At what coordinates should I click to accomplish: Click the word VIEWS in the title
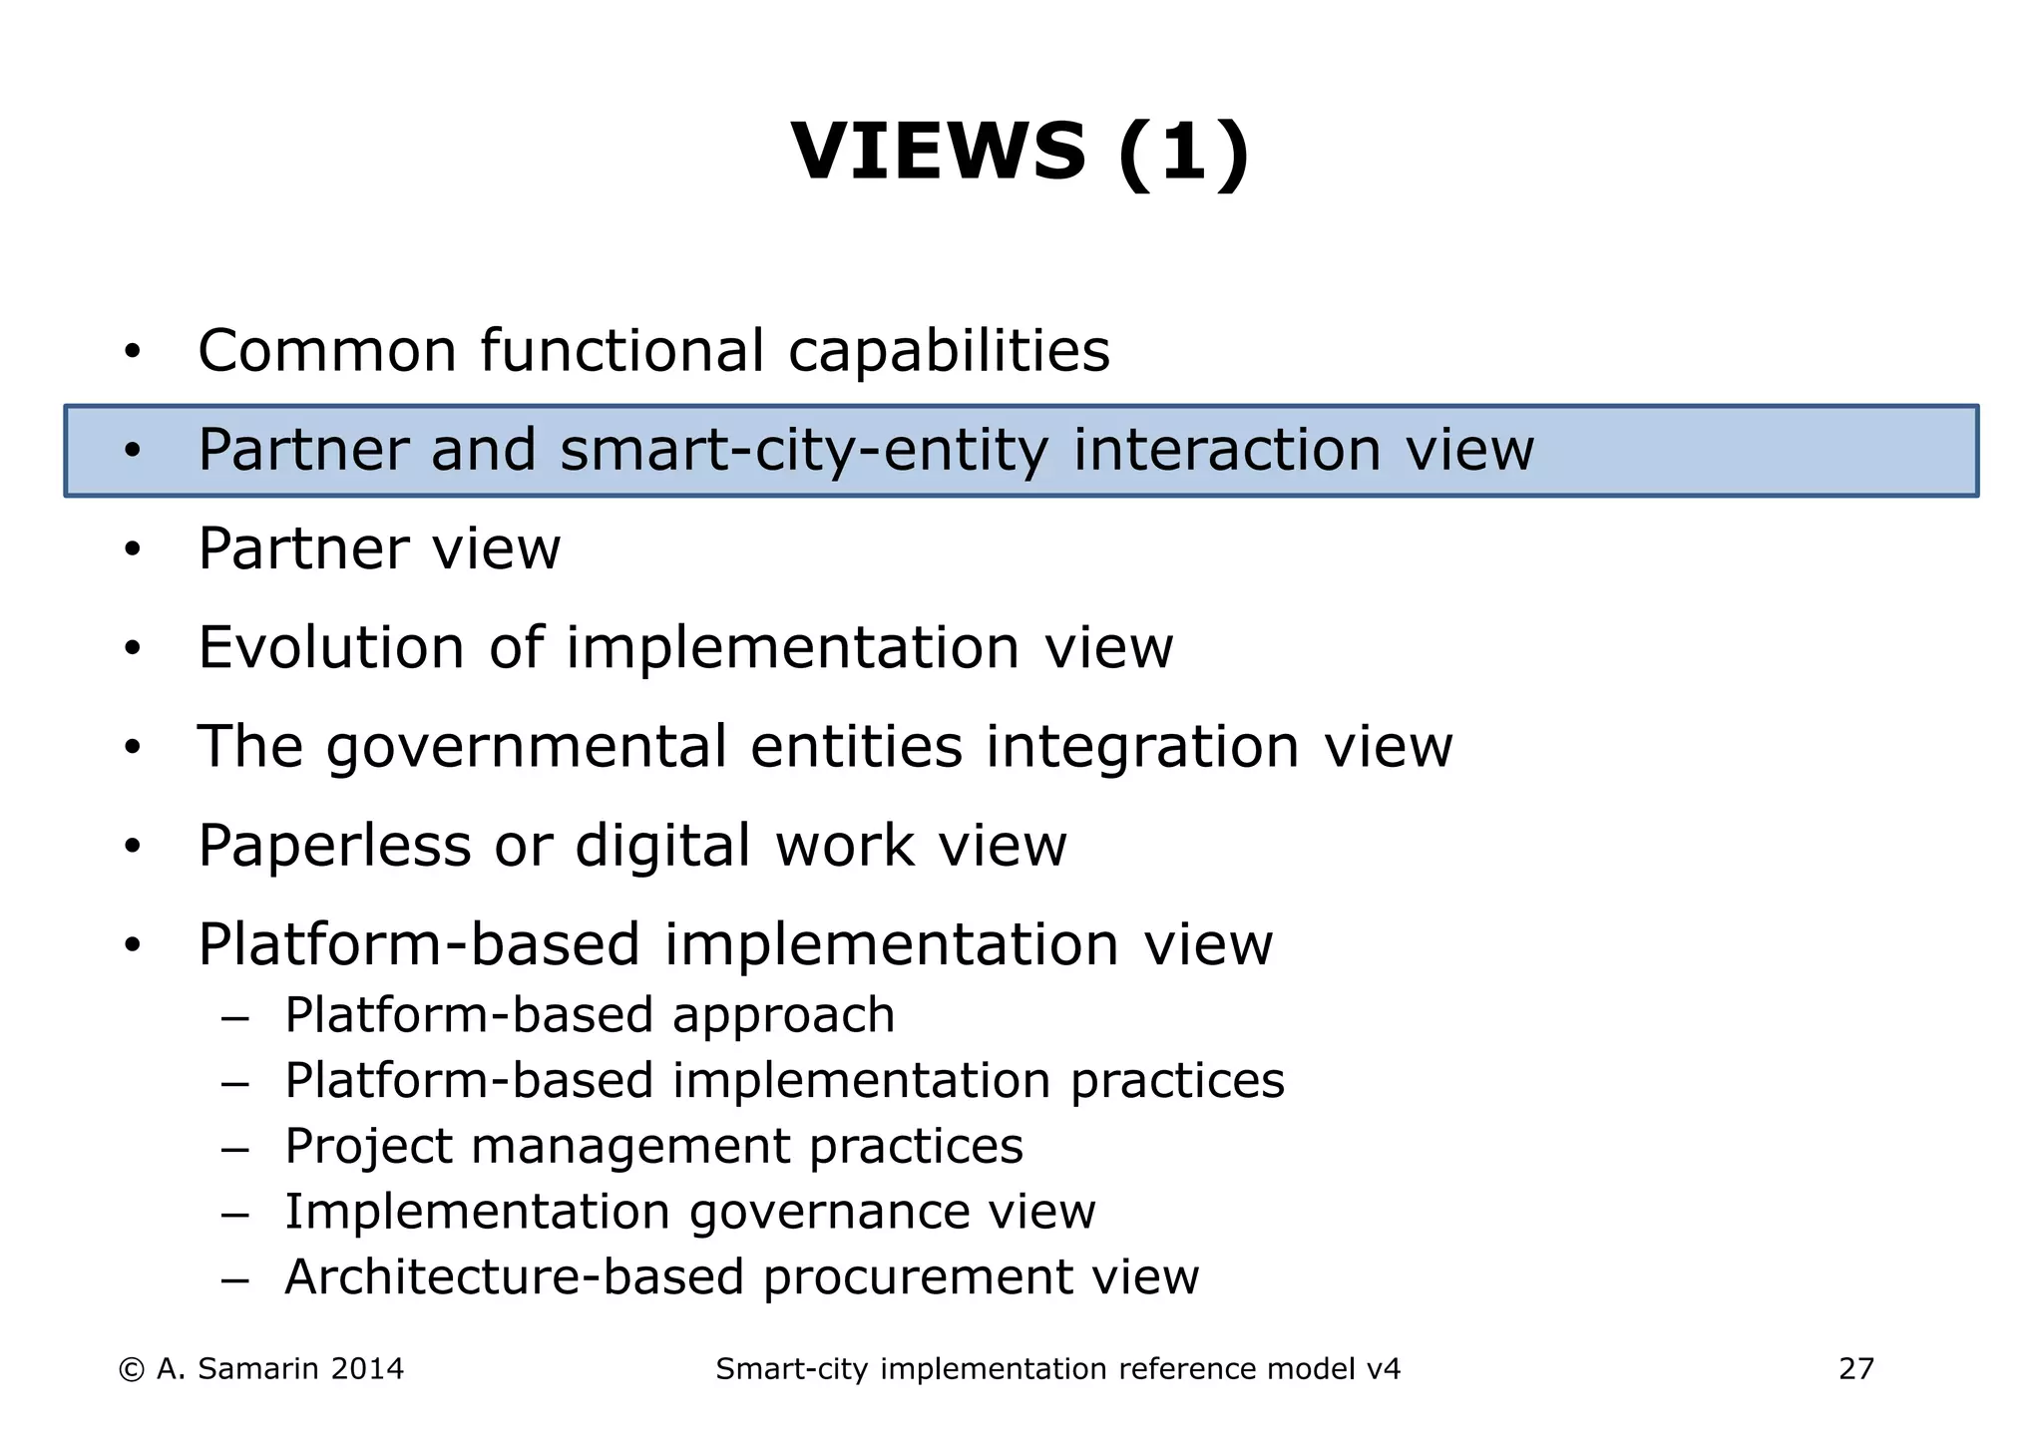[x=938, y=152]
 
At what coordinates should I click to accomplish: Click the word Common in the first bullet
[x=327, y=351]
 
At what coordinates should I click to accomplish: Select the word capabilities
[x=949, y=351]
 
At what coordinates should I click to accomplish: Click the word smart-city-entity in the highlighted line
[x=804, y=450]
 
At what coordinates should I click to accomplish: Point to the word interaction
[x=1227, y=450]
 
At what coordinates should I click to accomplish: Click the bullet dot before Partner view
[x=133, y=549]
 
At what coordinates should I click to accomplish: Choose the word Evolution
[x=331, y=648]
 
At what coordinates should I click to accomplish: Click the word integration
[x=1142, y=747]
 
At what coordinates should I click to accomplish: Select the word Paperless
[x=334, y=847]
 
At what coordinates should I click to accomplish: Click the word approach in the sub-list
[x=783, y=1016]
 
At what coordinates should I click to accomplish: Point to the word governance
[x=829, y=1213]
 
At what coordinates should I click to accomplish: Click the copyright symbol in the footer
[x=131, y=1370]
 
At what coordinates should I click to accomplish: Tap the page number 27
[x=1855, y=1370]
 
